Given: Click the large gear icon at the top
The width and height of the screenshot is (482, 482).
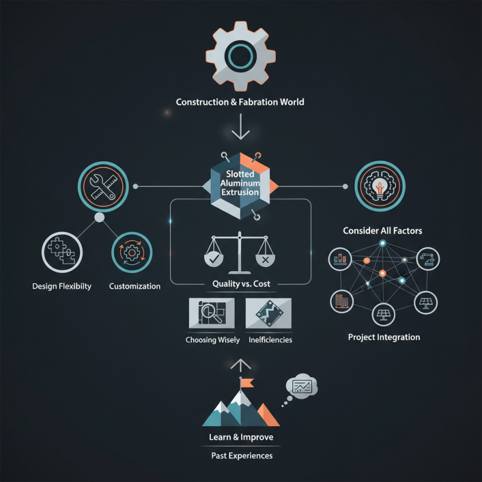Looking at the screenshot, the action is tap(240, 56).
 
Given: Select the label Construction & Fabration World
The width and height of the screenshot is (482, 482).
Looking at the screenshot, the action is tap(240, 102).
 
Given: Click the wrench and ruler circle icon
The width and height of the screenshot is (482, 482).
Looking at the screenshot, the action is tap(103, 187).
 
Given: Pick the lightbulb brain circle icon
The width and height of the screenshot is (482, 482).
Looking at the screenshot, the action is tap(380, 186).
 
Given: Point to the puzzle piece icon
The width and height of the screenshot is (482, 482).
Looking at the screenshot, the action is tap(62, 252).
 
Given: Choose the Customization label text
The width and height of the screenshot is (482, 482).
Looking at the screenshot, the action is tap(134, 286).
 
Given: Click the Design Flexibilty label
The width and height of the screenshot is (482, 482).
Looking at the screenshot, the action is tap(62, 286).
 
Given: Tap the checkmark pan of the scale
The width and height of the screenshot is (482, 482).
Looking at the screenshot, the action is tap(214, 259).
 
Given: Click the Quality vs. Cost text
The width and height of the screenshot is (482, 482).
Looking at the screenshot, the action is tap(242, 284).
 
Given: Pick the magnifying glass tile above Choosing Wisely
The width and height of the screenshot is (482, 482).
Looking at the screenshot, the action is tap(211, 313).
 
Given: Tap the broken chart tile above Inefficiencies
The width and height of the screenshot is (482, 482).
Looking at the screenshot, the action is tap(268, 313).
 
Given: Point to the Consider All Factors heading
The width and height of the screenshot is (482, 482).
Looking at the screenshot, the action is tap(383, 231).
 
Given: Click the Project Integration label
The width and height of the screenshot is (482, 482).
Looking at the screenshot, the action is tap(384, 337).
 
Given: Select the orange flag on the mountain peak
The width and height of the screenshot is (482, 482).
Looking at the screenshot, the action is tap(247, 383).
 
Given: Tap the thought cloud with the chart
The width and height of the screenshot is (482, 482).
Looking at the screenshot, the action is tap(302, 386).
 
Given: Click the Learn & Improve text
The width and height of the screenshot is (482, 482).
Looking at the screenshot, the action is tap(241, 437).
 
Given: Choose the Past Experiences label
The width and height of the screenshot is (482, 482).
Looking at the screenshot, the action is tap(242, 455).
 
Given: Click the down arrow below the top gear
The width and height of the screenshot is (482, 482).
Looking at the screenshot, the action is tap(240, 127).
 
